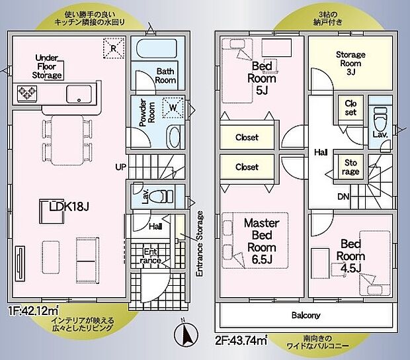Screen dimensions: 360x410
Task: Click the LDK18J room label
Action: (68, 207)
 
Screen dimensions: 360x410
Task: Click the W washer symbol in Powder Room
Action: (172, 106)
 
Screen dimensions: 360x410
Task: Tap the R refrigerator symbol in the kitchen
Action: (114, 46)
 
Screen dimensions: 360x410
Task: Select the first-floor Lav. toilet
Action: (159, 196)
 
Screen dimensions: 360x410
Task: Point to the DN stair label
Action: (344, 197)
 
